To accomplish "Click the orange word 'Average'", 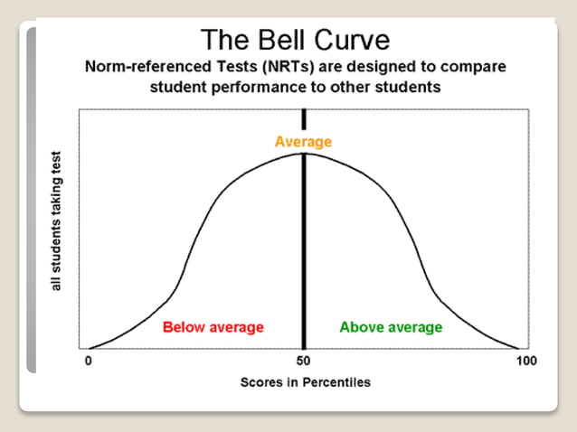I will pyautogui.click(x=304, y=141).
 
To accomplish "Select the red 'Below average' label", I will pyautogui.click(x=213, y=326).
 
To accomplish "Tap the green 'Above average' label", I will pyautogui.click(x=391, y=326).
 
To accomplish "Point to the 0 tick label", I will pyautogui.click(x=89, y=362).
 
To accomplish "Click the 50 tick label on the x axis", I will pyautogui.click(x=304, y=362).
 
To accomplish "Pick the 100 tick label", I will pyautogui.click(x=525, y=362).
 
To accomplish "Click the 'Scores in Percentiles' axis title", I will pyautogui.click(x=305, y=381).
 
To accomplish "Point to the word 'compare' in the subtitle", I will pyautogui.click(x=466, y=67).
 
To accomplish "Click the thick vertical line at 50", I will pyautogui.click(x=304, y=253).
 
